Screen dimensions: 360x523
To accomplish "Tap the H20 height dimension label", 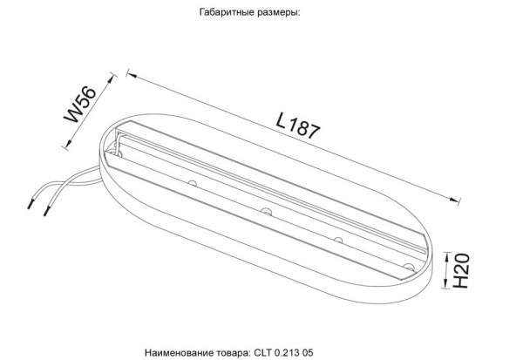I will pos(463,272).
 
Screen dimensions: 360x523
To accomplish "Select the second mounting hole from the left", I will pos(264,211).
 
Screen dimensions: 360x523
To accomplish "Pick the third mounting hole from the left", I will pos(336,237).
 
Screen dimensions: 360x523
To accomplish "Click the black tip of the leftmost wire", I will pos(33,207).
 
